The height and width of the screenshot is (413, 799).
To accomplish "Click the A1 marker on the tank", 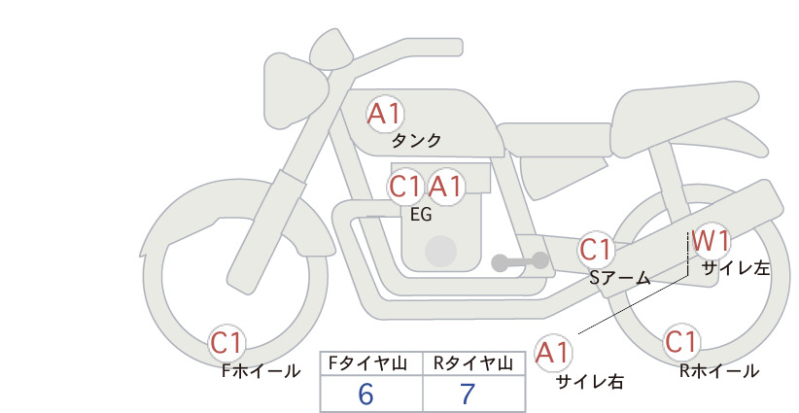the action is (385, 114).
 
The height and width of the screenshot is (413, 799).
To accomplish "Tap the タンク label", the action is (416, 141).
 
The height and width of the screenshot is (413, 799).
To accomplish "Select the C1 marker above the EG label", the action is (405, 187).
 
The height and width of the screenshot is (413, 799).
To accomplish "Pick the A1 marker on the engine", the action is (445, 187).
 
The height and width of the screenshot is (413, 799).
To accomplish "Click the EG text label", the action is (421, 215).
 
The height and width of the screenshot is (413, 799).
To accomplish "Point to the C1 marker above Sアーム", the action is (596, 250).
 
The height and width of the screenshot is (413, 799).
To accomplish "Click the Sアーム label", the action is (620, 278).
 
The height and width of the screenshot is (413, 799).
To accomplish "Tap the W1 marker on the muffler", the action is (712, 241).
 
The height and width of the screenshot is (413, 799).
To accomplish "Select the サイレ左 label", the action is (736, 268).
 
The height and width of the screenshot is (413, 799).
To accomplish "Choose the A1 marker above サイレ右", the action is (553, 353).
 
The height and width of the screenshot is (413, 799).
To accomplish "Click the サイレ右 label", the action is (590, 382).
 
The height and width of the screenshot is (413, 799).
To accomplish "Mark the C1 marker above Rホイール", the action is (680, 342).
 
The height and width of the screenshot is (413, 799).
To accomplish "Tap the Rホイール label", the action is (719, 371).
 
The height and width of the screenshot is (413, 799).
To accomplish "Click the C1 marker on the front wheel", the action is (226, 343).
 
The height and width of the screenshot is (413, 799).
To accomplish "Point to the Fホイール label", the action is (261, 371).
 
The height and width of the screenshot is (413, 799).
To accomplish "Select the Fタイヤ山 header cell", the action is (371, 363).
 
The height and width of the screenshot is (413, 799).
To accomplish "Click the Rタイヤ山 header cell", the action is (474, 363).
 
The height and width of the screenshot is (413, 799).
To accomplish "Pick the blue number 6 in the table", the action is (365, 395).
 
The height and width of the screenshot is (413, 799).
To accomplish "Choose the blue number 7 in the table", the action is (468, 395).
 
